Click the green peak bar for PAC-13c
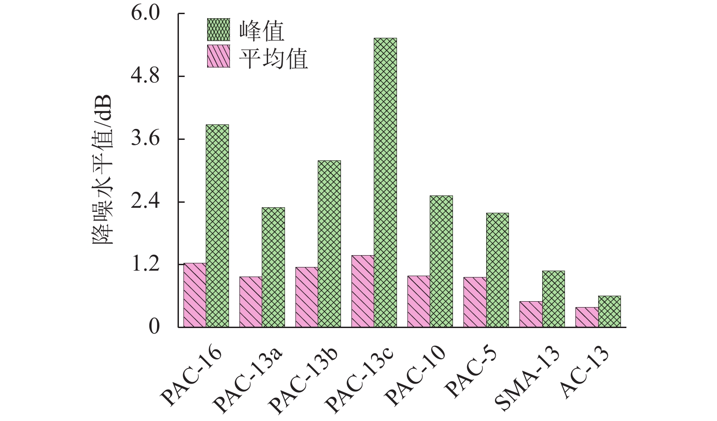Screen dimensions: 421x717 tap(385, 182)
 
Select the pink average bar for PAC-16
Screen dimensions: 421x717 tap(194, 295)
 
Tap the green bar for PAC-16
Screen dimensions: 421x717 tap(217, 226)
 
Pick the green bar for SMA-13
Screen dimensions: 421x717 tap(553, 299)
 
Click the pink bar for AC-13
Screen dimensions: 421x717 tap(587, 317)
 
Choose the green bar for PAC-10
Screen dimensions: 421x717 tap(441, 261)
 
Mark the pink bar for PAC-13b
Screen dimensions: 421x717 tap(306, 297)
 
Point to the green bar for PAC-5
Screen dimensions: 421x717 tap(497, 270)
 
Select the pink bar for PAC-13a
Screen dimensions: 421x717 tap(250, 302)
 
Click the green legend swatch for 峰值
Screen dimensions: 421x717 tap(219, 31)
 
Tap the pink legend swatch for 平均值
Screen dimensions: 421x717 tap(219, 56)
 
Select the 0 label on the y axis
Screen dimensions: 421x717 tap(154, 327)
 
